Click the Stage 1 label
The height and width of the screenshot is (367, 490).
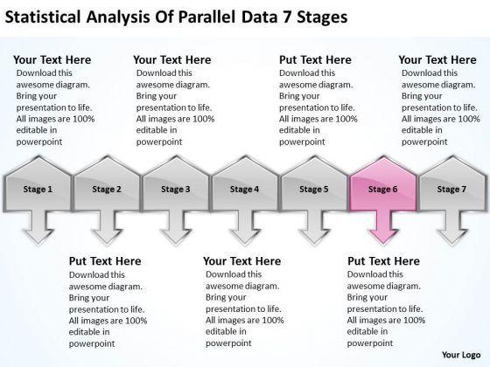click(38, 189)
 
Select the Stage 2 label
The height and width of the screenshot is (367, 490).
click(107, 189)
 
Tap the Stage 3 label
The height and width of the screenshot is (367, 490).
click(176, 189)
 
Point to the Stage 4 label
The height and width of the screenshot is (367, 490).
click(244, 189)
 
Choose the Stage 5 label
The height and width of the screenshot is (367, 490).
click(314, 189)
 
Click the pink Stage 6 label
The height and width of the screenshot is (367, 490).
click(383, 189)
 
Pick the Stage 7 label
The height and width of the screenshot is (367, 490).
click(451, 189)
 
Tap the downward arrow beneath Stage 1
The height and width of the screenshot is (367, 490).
click(38, 227)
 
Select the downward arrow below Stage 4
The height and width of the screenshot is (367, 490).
click(245, 227)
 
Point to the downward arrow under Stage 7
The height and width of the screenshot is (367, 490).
click(451, 227)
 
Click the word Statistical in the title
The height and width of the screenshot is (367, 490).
click(43, 17)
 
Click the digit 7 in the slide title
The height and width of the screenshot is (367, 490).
click(287, 17)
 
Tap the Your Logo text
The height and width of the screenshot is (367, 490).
click(461, 355)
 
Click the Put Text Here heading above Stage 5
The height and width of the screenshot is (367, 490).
click(315, 59)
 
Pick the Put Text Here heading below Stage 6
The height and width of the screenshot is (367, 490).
click(384, 261)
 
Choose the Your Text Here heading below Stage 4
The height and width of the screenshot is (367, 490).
click(242, 261)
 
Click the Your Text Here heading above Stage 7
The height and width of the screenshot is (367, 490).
click(437, 59)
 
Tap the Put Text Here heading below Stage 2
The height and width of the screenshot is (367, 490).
click(105, 261)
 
